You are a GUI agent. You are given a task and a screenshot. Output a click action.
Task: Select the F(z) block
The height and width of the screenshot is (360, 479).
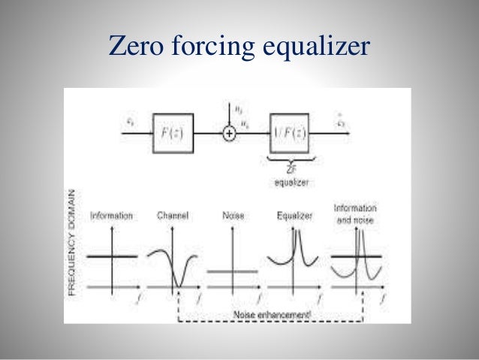click(173, 132)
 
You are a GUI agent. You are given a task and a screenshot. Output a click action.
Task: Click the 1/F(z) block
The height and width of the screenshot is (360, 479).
click(289, 133)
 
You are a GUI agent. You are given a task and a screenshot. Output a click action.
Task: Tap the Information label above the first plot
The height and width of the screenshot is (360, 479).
click(111, 216)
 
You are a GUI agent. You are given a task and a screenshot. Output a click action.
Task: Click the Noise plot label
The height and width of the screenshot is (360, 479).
click(233, 216)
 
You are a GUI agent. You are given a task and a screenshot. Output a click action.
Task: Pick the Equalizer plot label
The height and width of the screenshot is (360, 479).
click(294, 216)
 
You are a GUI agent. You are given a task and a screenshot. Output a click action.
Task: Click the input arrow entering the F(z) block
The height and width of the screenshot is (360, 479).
click(139, 133)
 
